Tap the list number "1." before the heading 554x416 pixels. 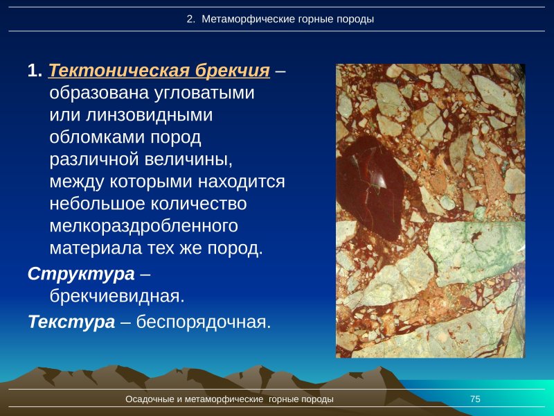tap(35, 71)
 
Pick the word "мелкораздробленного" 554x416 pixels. tap(144, 226)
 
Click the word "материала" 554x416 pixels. tap(93, 248)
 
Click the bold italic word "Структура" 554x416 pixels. tap(81, 274)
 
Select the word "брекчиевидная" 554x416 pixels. tap(116, 296)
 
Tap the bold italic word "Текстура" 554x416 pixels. tap(71, 322)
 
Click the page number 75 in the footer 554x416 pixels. tap(475, 399)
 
